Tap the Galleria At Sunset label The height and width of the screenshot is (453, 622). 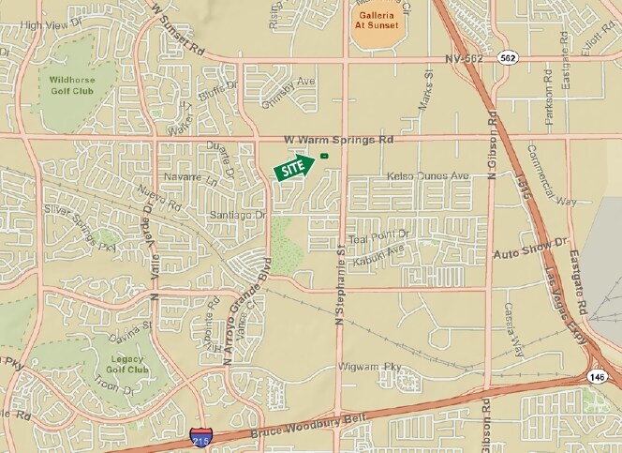pyautogui.click(x=376, y=20)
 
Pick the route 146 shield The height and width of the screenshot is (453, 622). pyautogui.click(x=597, y=375)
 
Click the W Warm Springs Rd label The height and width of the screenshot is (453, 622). pyautogui.click(x=338, y=138)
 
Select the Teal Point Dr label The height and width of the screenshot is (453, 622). pyautogui.click(x=378, y=234)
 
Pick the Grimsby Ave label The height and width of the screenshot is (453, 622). pyautogui.click(x=268, y=82)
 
